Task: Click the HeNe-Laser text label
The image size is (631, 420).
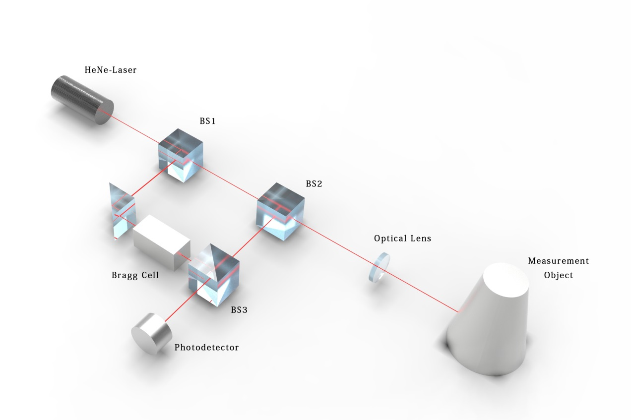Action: [111, 70]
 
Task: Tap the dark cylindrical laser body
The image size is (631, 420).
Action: [82, 100]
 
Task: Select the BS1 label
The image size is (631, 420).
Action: [208, 121]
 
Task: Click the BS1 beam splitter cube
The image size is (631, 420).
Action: [181, 155]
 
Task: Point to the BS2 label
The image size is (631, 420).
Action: [314, 184]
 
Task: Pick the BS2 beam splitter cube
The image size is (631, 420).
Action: [281, 211]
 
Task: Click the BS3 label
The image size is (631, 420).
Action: [239, 309]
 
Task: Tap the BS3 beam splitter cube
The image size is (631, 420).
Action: [214, 275]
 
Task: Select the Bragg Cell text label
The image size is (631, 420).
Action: [135, 275]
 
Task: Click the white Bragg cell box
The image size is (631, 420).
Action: [161, 242]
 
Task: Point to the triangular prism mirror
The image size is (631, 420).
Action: [122, 211]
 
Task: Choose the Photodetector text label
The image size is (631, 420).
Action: [206, 348]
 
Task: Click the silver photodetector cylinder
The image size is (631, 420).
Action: [152, 334]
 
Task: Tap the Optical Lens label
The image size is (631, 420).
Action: [402, 239]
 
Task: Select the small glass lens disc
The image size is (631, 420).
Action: [379, 267]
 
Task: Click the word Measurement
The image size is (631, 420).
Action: [558, 261]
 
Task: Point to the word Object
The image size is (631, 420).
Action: [558, 275]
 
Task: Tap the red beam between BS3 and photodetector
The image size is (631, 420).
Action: [187, 300]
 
